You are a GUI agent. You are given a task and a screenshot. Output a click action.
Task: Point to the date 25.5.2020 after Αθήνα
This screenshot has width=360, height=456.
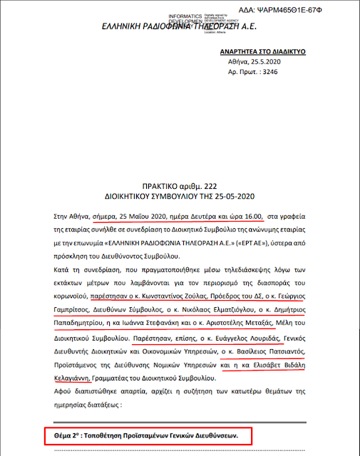tap(272, 63)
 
